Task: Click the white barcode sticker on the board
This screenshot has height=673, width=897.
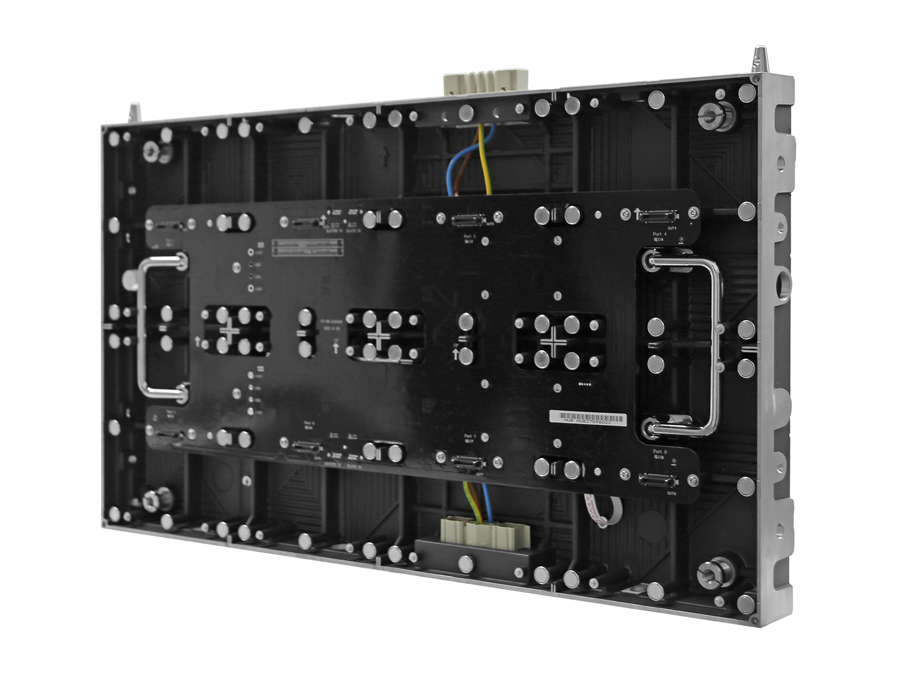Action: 588,418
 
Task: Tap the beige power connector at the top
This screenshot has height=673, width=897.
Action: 486,83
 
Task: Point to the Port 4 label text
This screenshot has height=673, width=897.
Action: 659,234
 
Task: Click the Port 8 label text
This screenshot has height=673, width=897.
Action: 660,451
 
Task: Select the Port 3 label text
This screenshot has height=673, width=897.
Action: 469,237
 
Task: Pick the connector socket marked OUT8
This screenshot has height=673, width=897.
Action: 658,481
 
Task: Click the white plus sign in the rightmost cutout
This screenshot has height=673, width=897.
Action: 554,342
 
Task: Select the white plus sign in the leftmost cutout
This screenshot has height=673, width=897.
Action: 230,331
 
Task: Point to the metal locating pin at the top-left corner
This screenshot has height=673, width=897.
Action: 134,112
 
